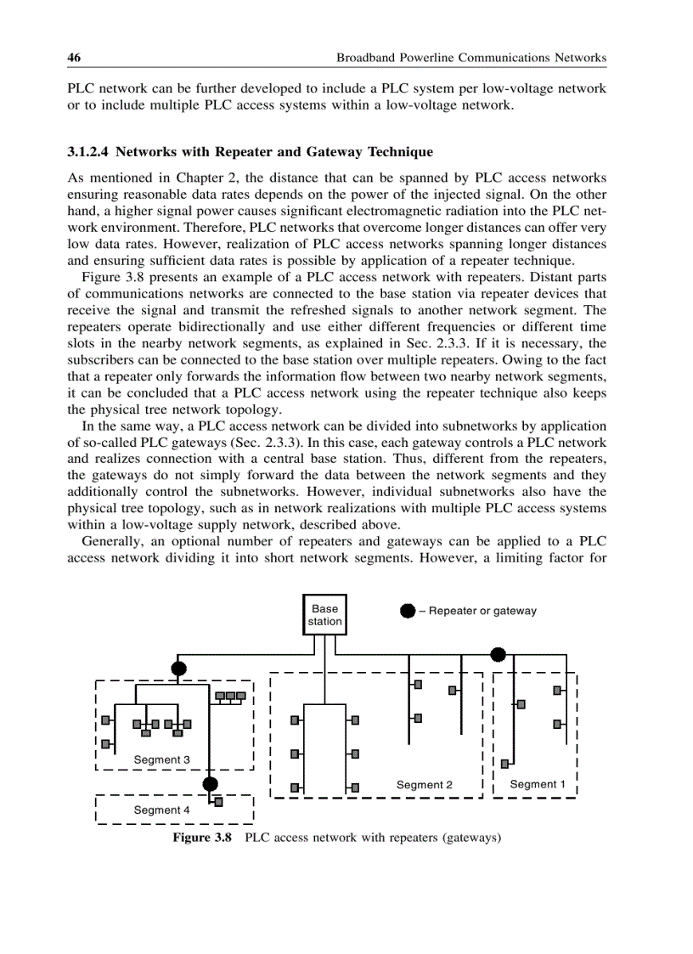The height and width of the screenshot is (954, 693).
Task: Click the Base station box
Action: tap(324, 615)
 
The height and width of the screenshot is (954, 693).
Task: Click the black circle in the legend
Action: tap(408, 611)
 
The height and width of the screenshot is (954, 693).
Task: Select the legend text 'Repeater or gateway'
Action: tap(482, 611)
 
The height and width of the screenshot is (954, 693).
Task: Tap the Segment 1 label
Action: tap(537, 784)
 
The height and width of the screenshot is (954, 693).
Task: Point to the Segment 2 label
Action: tap(425, 785)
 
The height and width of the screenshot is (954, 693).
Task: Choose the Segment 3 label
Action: tap(161, 759)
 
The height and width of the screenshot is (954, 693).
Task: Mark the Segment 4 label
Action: tap(161, 810)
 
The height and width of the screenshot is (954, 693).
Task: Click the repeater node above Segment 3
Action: tap(178, 668)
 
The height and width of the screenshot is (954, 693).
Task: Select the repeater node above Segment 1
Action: tap(499, 654)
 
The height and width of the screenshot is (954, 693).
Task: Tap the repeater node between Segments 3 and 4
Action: tap(211, 783)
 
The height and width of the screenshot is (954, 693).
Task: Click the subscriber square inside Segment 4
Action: tap(219, 801)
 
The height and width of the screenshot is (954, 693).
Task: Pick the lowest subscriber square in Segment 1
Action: tap(504, 764)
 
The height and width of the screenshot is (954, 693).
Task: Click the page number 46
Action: tap(74, 58)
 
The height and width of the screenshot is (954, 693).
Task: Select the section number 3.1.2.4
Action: tap(88, 152)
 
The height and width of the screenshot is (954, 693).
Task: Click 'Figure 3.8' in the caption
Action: tap(202, 838)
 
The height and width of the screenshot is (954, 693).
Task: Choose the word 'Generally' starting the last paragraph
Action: tap(110, 540)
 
